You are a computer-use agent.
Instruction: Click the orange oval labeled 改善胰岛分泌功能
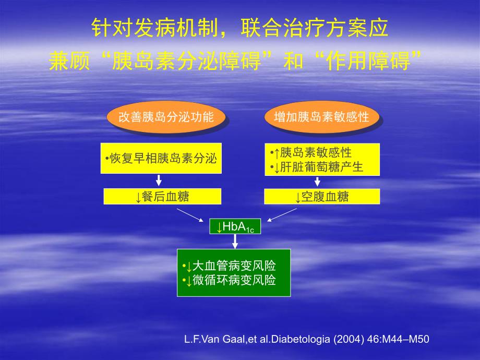166,116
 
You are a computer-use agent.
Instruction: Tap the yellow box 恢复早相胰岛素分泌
161,158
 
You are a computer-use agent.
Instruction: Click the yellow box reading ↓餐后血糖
162,197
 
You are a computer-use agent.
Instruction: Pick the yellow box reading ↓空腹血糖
322,197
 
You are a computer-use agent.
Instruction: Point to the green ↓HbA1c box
235,226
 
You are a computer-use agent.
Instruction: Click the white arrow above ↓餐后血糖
159,181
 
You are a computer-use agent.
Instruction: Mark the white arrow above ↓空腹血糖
317,181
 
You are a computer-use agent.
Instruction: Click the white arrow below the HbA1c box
235,241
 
